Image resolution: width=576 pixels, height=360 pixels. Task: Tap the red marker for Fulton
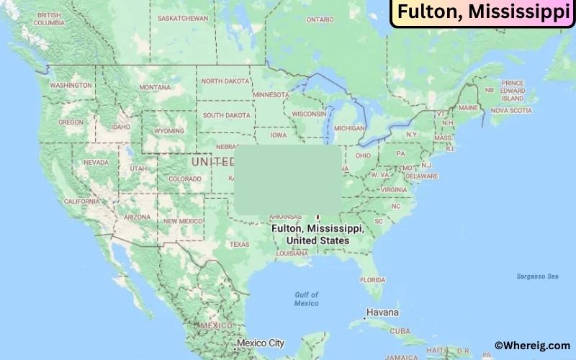click(318, 215)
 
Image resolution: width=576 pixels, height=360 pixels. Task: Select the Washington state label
click(71, 85)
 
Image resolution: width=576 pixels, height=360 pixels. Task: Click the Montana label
click(155, 87)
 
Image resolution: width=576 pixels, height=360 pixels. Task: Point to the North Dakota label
click(225, 81)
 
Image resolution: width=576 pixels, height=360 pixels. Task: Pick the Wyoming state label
click(169, 131)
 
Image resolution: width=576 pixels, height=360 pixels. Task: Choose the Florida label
click(372, 279)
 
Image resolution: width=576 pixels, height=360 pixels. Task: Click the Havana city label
click(382, 313)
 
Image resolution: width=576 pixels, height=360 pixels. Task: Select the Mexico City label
click(261, 343)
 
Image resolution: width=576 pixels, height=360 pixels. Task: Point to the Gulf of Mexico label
click(306, 299)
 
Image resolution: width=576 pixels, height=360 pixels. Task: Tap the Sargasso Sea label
click(537, 276)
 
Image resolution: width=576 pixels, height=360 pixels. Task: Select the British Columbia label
click(48, 19)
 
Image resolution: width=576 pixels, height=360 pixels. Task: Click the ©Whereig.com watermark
click(532, 346)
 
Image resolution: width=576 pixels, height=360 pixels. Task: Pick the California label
click(81, 202)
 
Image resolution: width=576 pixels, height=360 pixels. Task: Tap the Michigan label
click(349, 128)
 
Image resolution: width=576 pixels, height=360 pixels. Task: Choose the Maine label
click(468, 107)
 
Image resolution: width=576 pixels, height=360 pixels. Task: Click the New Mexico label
click(182, 221)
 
